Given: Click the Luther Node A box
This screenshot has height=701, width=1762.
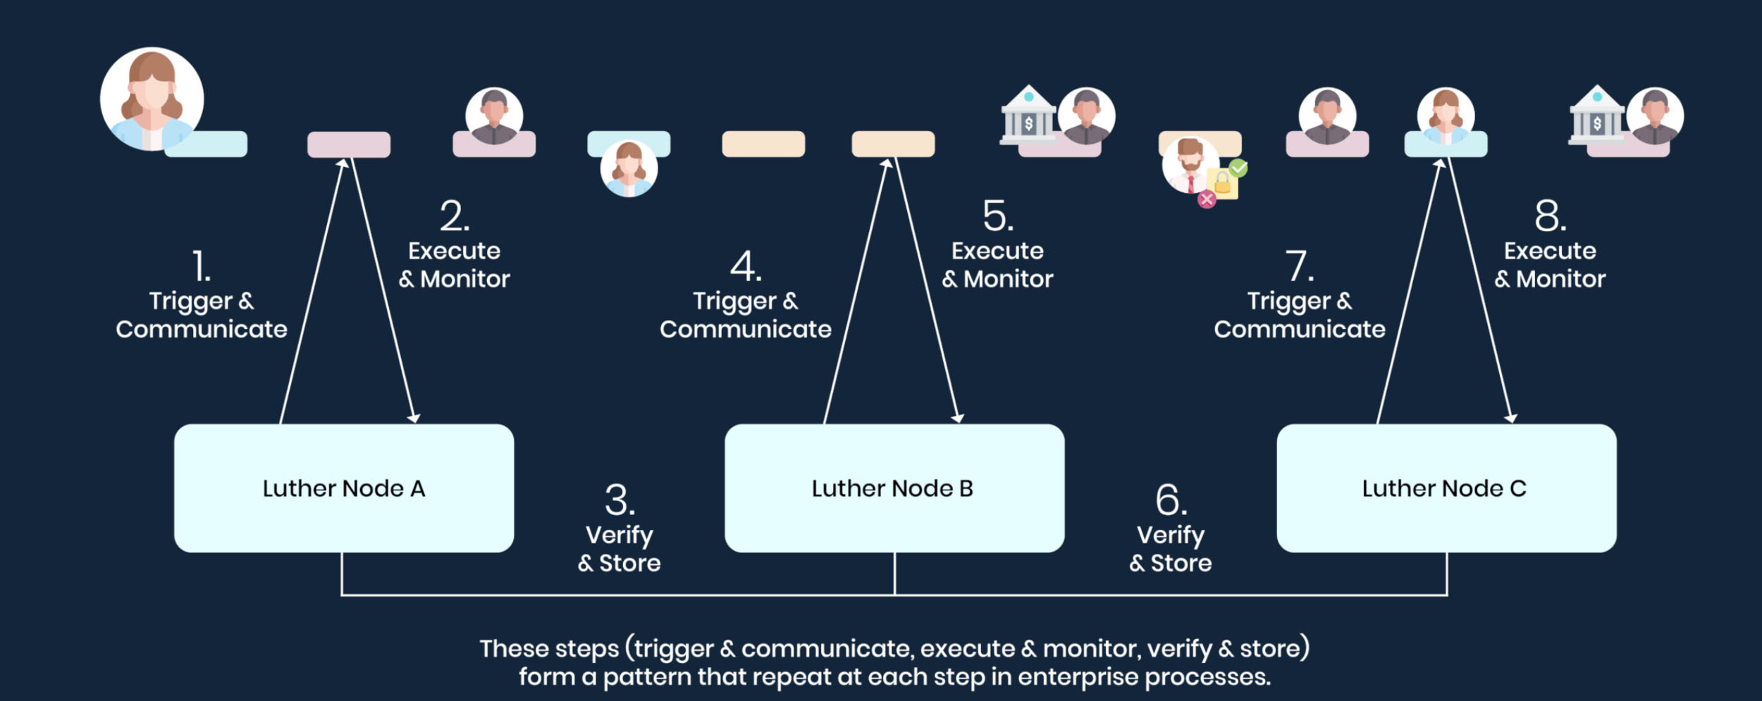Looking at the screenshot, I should [x=343, y=488].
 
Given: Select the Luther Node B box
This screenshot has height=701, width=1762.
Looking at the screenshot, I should [x=894, y=488].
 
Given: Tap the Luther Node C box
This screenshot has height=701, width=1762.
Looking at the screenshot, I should [x=1446, y=488].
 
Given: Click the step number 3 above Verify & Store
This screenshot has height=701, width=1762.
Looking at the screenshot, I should [x=620, y=501].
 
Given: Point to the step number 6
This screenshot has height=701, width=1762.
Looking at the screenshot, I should [x=1171, y=501].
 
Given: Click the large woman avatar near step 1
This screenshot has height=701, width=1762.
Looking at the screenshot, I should [x=152, y=99].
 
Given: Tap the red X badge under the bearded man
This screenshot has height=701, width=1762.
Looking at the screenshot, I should [x=1207, y=199].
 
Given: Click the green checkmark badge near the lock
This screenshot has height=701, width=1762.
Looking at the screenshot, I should [x=1238, y=168].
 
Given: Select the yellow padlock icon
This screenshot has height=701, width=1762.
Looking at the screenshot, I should [x=1223, y=183].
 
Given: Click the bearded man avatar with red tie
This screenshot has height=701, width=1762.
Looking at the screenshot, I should [x=1190, y=164].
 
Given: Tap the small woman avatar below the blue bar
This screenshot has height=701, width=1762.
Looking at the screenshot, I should [x=629, y=169].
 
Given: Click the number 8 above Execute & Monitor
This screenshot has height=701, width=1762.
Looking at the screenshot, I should [x=1550, y=216].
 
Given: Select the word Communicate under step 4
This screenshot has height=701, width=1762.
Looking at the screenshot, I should [x=745, y=329].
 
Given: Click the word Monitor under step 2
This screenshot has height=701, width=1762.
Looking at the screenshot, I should [x=464, y=279].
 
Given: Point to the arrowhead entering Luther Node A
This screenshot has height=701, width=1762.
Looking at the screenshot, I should [x=414, y=418].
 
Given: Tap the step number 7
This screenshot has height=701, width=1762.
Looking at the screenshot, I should [x=1299, y=266].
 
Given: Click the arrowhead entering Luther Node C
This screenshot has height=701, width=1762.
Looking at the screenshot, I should [x=1511, y=418].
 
